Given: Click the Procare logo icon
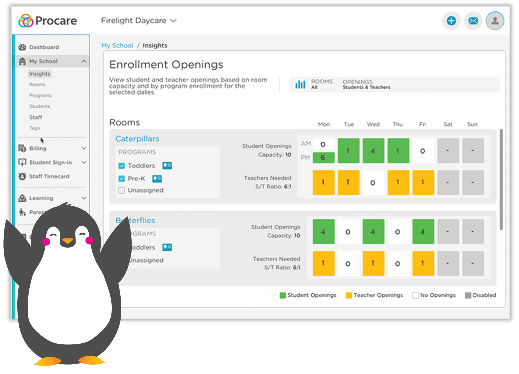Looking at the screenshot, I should (x=26, y=21).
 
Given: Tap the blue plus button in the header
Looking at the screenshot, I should (x=451, y=21).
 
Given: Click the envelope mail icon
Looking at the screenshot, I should (x=473, y=21).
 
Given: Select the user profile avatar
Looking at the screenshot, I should (x=495, y=21).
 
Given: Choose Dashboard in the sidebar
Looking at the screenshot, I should (x=44, y=47).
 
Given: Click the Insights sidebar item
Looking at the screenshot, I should (x=40, y=74).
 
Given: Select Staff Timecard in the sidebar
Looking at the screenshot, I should (x=49, y=176).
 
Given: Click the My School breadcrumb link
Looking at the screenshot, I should (x=117, y=45).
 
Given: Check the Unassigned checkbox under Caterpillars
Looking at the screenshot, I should (x=122, y=190).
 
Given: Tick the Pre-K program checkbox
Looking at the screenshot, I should (x=122, y=179).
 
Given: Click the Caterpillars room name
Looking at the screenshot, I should (x=137, y=139).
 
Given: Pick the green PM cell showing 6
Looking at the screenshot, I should (x=323, y=157).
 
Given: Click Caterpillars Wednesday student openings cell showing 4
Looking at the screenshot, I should (x=373, y=151).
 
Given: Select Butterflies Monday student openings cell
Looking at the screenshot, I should (x=323, y=232).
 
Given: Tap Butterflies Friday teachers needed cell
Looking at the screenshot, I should (x=423, y=263).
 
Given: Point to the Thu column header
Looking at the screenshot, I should (x=398, y=124).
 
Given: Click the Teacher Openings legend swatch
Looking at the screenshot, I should (x=349, y=295).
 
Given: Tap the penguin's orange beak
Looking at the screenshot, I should (x=68, y=241).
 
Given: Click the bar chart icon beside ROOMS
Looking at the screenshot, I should (x=300, y=84).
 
